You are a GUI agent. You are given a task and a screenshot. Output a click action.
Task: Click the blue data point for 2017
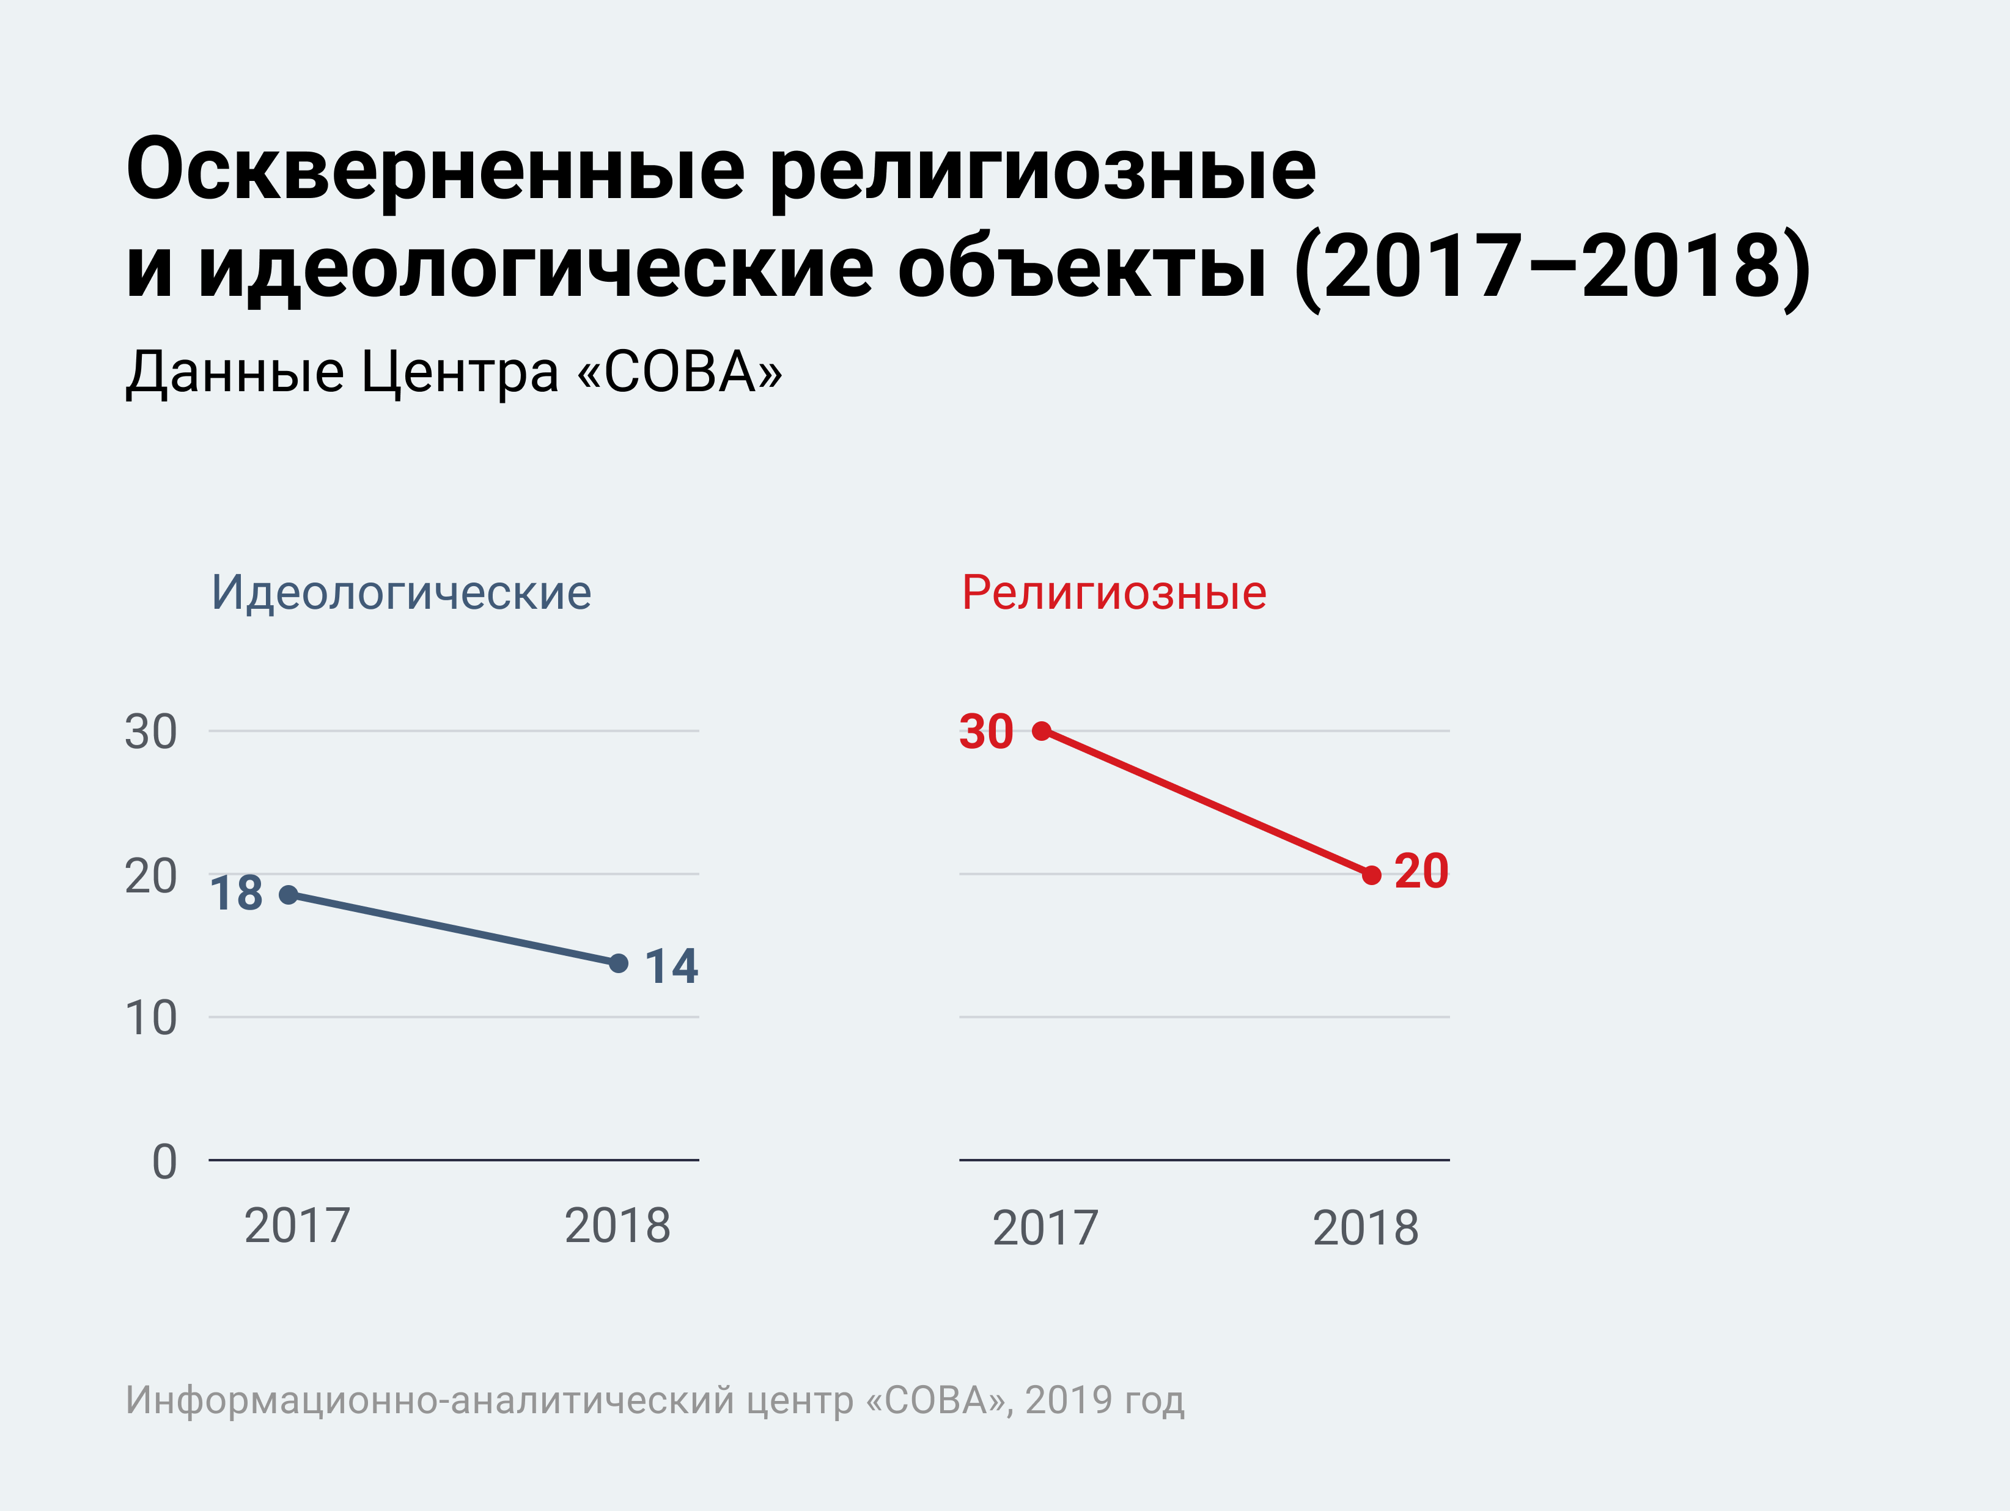(288, 895)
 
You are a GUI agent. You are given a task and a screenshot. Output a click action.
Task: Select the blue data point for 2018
(619, 963)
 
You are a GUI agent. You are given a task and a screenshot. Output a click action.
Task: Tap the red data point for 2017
(1042, 730)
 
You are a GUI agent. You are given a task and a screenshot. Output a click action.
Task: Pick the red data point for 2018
(1372, 875)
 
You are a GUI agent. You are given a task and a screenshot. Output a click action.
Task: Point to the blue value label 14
(671, 966)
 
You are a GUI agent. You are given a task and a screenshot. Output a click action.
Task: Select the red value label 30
(986, 732)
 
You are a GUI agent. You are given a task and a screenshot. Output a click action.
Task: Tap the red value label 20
(1421, 872)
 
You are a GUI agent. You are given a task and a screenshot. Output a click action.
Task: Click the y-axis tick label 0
(164, 1162)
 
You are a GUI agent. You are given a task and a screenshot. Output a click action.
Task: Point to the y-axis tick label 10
(151, 1018)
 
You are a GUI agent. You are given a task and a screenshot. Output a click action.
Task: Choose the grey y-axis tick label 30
(151, 732)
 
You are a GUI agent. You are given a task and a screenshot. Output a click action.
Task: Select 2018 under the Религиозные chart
(1365, 1229)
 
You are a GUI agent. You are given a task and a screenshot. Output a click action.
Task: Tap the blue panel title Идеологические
(401, 594)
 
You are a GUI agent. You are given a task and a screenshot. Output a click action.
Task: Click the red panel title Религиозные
(1114, 594)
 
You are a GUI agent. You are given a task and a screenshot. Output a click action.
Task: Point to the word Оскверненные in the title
(435, 171)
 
